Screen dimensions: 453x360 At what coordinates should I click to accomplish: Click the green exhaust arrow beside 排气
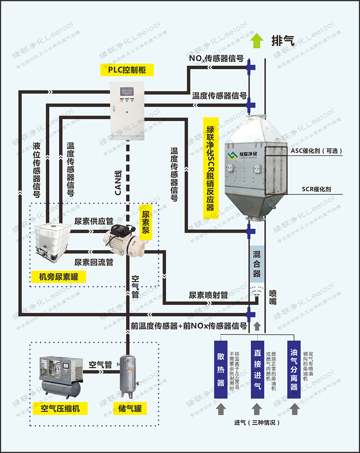coord(257,40)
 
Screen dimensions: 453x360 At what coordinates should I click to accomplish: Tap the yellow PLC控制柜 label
coord(127,70)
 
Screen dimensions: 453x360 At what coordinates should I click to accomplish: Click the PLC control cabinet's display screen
coord(127,91)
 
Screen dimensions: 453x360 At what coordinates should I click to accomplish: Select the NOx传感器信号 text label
coord(216,58)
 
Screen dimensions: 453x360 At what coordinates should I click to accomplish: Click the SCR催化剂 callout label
coord(316,189)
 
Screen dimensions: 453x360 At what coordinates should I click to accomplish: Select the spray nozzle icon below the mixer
coord(257,290)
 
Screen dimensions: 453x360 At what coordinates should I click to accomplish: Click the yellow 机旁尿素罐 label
coord(58,277)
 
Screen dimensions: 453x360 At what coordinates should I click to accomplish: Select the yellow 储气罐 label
coord(130,408)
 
